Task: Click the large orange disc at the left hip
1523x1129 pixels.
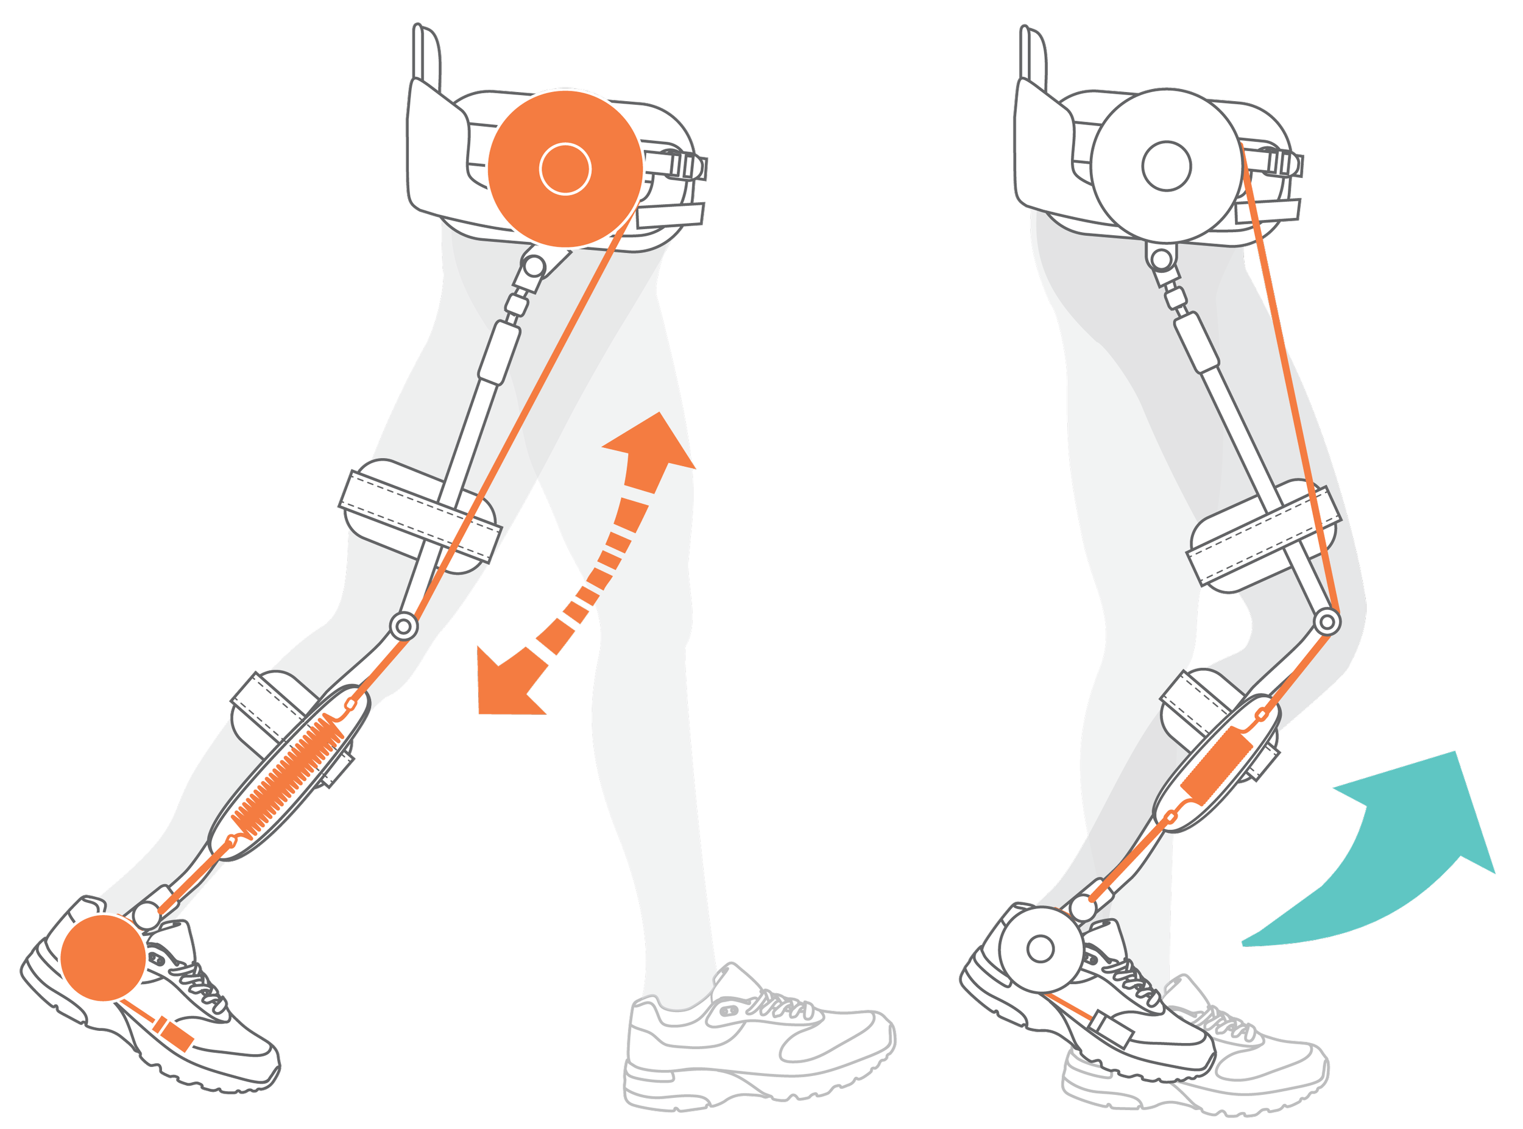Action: (565, 168)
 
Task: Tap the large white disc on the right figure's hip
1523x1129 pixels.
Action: (1165, 167)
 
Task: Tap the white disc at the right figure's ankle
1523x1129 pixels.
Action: (1040, 948)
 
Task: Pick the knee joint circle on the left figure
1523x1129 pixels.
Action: (403, 625)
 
